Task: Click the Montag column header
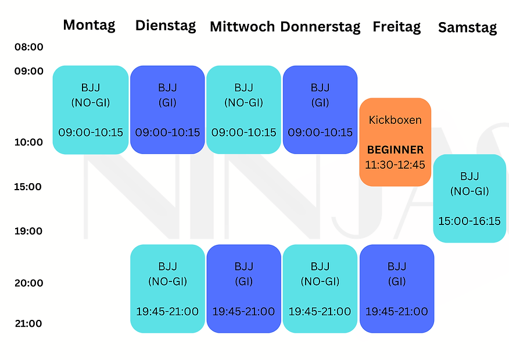tap(89, 25)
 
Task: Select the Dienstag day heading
tap(166, 26)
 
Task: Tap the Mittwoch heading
tap(243, 26)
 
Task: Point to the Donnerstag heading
tap(320, 27)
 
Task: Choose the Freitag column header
tap(397, 27)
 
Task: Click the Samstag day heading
tap(468, 27)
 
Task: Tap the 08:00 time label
tap(29, 47)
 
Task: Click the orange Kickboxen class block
tap(395, 142)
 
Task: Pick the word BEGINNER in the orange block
tap(395, 150)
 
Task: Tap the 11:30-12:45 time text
tap(395, 165)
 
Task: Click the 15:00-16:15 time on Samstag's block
tap(469, 221)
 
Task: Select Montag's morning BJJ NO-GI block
tap(91, 110)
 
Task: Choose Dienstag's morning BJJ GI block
tap(167, 110)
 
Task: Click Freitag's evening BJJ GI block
tap(397, 288)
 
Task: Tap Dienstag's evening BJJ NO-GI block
tap(167, 288)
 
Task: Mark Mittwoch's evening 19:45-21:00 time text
tap(243, 312)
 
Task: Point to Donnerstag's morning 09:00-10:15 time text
tap(320, 133)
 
